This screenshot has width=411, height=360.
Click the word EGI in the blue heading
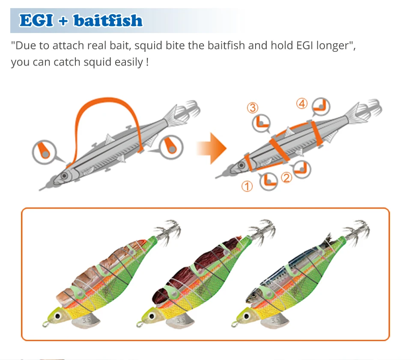point(36,20)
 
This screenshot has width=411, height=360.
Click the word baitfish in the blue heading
point(108,20)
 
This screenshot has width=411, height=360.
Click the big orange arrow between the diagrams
point(211,148)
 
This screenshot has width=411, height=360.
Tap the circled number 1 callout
point(247,186)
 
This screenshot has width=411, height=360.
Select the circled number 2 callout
point(286,177)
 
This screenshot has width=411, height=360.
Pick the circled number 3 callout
point(253,108)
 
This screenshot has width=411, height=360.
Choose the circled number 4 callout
point(302,103)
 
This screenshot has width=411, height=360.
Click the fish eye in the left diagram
point(64,176)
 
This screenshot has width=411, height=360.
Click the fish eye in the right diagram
point(241,165)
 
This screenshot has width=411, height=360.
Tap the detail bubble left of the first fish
point(45,152)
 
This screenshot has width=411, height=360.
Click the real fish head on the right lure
point(254,297)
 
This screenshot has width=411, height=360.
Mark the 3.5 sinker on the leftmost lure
point(86,321)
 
